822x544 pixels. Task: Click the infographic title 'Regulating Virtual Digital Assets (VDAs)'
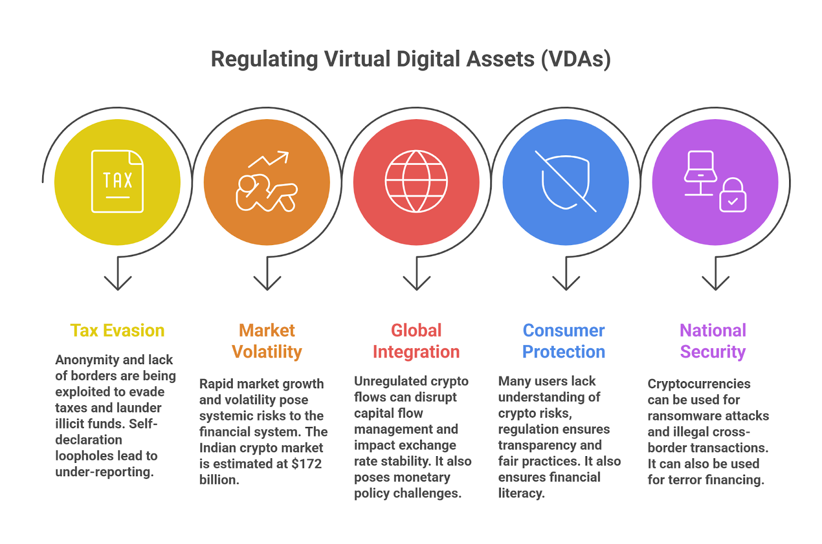410,60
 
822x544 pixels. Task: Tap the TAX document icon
118,181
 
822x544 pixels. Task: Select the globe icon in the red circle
416,181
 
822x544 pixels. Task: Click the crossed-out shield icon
566,181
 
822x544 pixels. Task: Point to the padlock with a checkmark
733,195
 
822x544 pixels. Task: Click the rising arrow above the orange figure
269,159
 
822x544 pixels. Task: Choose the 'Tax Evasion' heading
118,330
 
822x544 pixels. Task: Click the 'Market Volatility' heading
267,341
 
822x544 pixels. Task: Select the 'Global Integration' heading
416,341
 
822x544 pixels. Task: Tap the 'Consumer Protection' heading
564,341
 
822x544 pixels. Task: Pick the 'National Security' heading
713,341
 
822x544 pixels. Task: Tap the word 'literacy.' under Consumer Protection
521,493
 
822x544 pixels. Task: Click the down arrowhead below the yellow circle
118,283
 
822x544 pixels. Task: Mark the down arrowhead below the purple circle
716,283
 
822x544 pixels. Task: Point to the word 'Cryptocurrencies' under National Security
699,384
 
